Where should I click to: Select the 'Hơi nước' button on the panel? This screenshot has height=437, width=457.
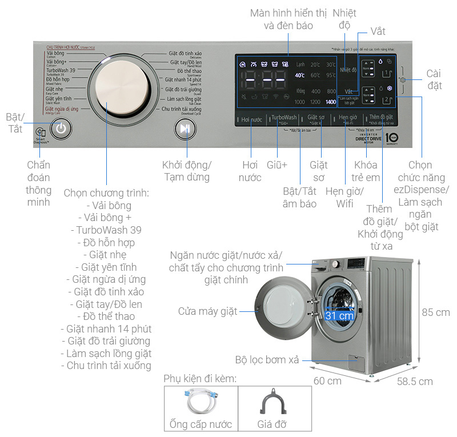click(x=251, y=120)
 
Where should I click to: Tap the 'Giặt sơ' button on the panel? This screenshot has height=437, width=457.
click(x=316, y=119)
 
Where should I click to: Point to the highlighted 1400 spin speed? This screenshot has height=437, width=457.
click(x=331, y=102)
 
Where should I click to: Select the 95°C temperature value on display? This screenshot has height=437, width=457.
click(x=331, y=75)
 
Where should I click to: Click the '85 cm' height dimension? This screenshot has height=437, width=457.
click(x=436, y=312)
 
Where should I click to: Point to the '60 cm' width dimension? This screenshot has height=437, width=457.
click(x=327, y=380)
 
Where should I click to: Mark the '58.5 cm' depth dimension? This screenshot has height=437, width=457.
click(x=415, y=382)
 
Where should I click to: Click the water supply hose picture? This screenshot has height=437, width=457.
click(x=201, y=403)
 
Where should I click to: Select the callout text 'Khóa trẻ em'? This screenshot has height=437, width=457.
click(x=366, y=171)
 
